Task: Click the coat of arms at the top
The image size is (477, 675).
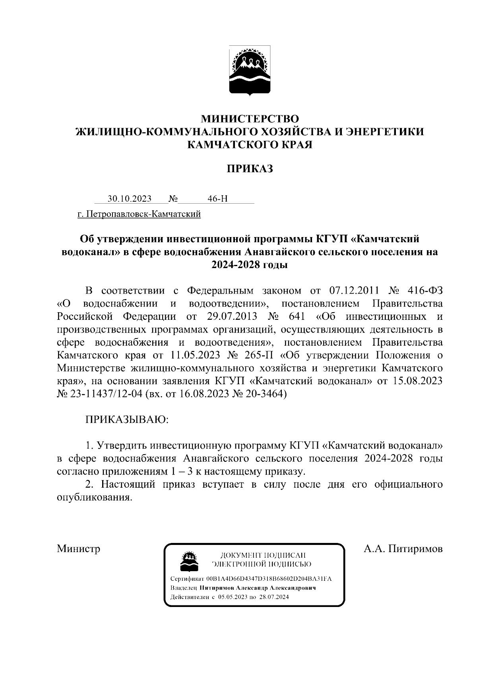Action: [x=250, y=71]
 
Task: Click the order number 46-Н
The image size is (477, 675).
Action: [x=217, y=198]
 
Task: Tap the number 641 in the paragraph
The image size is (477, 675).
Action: [x=295, y=317]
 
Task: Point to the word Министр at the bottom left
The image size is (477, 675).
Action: [x=78, y=549]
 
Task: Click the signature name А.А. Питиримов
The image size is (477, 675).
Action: [x=403, y=549]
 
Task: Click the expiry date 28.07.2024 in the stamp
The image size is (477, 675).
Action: [x=274, y=597]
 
